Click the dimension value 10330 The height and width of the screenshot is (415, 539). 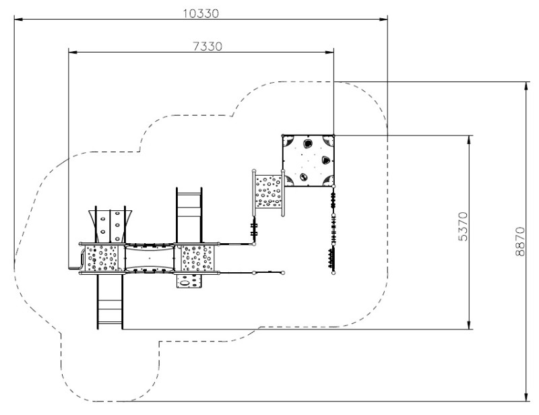pos(201,13)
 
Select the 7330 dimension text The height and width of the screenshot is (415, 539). pos(208,46)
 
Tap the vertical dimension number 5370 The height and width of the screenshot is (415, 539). pos(464,226)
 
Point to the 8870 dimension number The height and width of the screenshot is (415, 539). pos(520,241)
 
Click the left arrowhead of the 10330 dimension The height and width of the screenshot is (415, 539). pos(19,20)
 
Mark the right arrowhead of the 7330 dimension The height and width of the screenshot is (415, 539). pos(329,53)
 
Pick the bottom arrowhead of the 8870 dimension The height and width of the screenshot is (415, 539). pos(526,397)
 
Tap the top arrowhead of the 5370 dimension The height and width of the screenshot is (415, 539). pos(469,139)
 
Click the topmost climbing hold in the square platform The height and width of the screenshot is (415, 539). pos(307,143)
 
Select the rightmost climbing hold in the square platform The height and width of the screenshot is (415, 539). pos(325,160)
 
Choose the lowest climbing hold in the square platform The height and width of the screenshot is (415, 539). pos(304,177)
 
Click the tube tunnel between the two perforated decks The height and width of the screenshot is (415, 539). pos(150,258)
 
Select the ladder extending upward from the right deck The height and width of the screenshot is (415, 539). pos(189,215)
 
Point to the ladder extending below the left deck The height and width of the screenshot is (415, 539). pos(110,302)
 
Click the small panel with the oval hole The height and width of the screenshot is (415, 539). pos(189,281)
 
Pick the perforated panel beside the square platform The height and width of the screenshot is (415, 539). pos(268,192)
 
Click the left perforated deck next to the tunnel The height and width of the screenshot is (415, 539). pos(102,258)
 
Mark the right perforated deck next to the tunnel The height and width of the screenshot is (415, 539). pos(197,258)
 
